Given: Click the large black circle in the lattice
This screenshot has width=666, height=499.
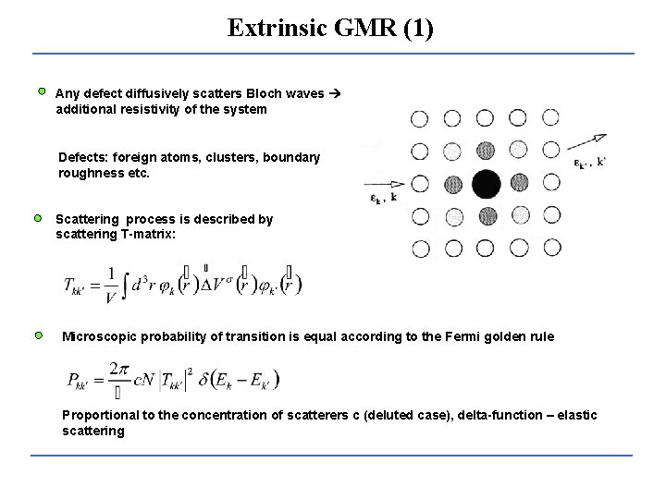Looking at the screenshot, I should [x=487, y=184].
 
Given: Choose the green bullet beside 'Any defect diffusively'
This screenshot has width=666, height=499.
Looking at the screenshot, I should [x=42, y=91].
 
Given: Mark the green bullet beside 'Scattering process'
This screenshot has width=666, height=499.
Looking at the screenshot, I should [x=39, y=218].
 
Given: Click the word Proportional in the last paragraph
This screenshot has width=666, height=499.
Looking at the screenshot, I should [x=98, y=415].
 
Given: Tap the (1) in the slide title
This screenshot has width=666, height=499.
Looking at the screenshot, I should [x=415, y=28].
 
